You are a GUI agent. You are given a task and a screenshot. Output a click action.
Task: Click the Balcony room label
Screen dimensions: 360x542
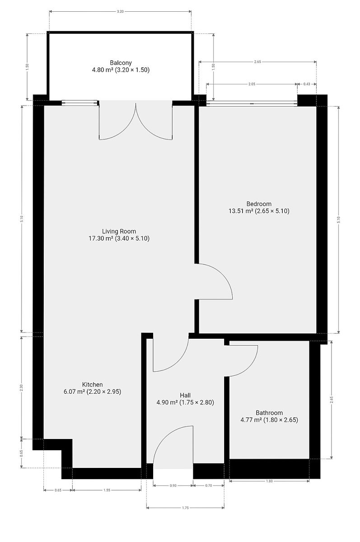click(121, 63)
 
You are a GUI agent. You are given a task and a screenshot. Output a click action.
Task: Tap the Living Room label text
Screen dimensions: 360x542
click(119, 231)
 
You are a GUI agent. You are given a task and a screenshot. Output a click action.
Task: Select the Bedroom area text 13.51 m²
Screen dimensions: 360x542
click(241, 211)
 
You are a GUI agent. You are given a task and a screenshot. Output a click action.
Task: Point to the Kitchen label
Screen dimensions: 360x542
click(93, 384)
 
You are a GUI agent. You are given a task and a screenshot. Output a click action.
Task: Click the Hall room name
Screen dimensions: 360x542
click(185, 395)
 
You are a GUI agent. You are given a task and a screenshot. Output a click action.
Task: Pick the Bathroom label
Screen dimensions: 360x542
click(269, 413)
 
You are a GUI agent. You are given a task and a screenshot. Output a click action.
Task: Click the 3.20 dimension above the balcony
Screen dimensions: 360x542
click(120, 11)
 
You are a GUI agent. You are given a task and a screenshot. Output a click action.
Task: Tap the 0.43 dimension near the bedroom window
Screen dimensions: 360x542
click(307, 84)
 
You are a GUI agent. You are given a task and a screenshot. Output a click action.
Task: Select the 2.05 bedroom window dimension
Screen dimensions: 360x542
click(252, 84)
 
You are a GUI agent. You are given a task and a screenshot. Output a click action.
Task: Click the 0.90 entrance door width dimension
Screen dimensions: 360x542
click(173, 486)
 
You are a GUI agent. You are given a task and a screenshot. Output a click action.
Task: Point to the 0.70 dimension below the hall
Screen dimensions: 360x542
click(208, 486)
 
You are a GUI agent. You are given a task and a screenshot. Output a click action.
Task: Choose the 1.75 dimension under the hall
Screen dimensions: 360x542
click(185, 508)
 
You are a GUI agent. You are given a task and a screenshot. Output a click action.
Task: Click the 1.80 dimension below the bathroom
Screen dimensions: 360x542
click(269, 481)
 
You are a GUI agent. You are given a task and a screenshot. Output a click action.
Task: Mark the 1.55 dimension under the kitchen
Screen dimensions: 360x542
click(107, 490)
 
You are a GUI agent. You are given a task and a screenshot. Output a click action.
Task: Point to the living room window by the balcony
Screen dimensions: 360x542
click(80, 103)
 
